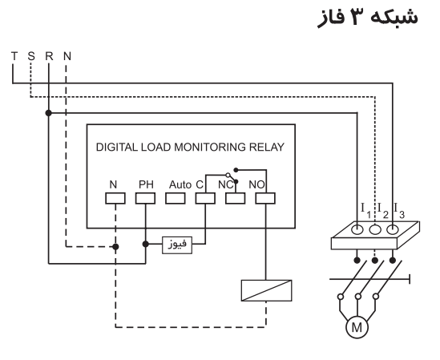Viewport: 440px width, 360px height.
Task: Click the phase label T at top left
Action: pyautogui.click(x=14, y=56)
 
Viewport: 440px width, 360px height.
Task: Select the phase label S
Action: pyautogui.click(x=31, y=56)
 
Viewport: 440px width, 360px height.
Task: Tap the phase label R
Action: pyautogui.click(x=49, y=56)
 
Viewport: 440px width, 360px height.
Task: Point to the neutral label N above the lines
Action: pyautogui.click(x=67, y=56)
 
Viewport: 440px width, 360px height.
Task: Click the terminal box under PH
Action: pyautogui.click(x=145, y=197)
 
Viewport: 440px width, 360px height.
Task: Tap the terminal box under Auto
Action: pyautogui.click(x=175, y=197)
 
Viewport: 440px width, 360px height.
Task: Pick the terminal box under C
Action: pyautogui.click(x=205, y=197)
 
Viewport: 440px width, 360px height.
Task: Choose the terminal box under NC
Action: pyautogui.click(x=235, y=197)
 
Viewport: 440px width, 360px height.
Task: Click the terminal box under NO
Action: pyautogui.click(x=264, y=197)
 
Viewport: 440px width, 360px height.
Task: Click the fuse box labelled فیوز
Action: pyautogui.click(x=177, y=242)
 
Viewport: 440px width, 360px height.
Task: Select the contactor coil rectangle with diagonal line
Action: pyautogui.click(x=265, y=289)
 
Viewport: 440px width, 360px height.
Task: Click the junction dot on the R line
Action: pyautogui.click(x=49, y=113)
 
